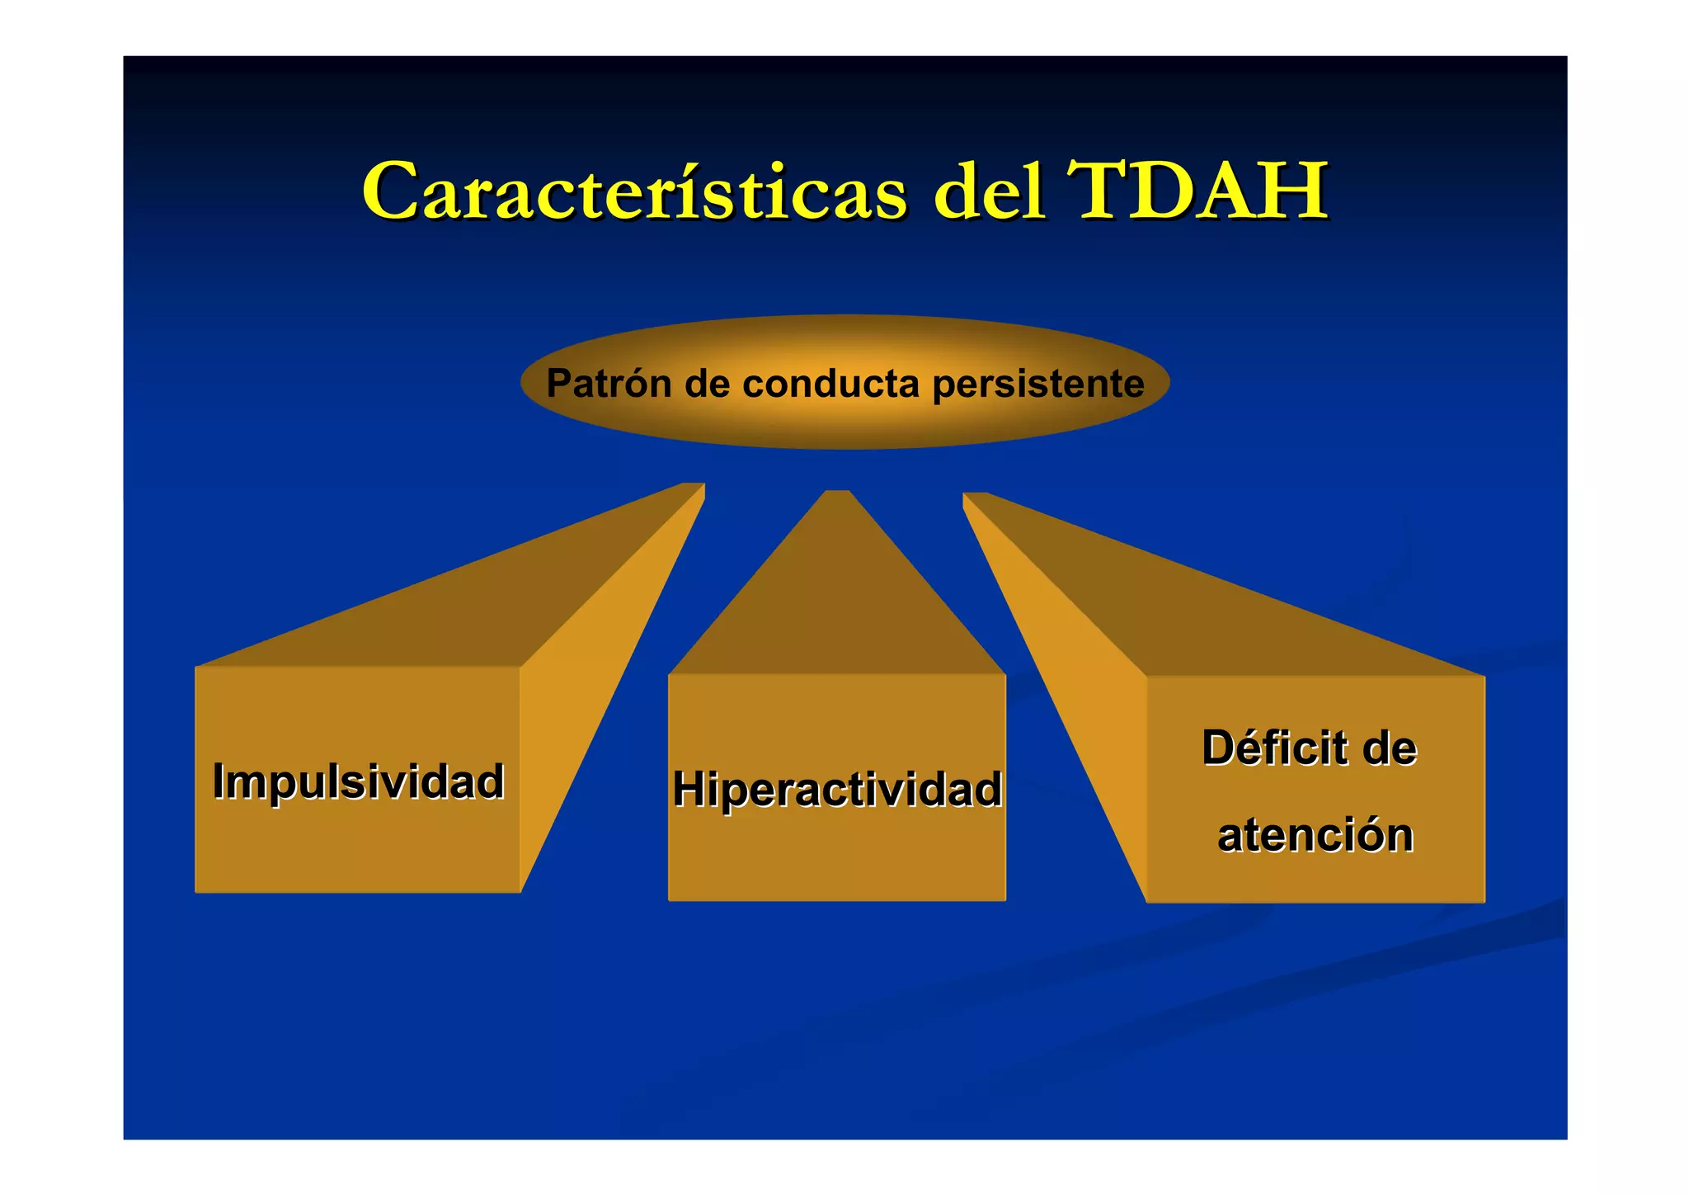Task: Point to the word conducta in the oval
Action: tap(830, 384)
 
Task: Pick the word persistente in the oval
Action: tap(1037, 384)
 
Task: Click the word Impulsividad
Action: tap(358, 781)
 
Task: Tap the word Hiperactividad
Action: tap(836, 789)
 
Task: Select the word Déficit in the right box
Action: tap(1273, 748)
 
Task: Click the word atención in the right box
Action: tap(1315, 834)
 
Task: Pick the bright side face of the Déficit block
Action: tap(1072, 701)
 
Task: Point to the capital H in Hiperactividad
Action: tap(689, 789)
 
